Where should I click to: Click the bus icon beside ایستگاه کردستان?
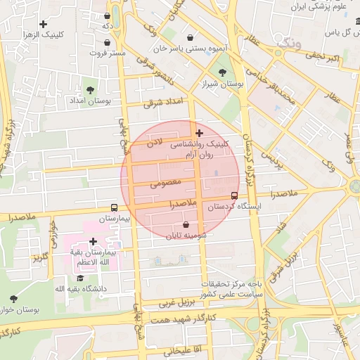pos(234,196)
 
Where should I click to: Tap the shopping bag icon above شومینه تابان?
pos(186,225)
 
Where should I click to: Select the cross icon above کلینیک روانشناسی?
pos(199,132)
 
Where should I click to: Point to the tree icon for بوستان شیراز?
pos(223,72)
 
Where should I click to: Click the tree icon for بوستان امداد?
pos(90,89)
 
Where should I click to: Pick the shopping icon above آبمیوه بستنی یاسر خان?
pos(191,37)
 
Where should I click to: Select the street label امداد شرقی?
pos(162,103)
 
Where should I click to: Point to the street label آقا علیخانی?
pos(185,349)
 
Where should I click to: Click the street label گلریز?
pos(39,257)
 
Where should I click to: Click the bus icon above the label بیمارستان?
pos(114,207)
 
